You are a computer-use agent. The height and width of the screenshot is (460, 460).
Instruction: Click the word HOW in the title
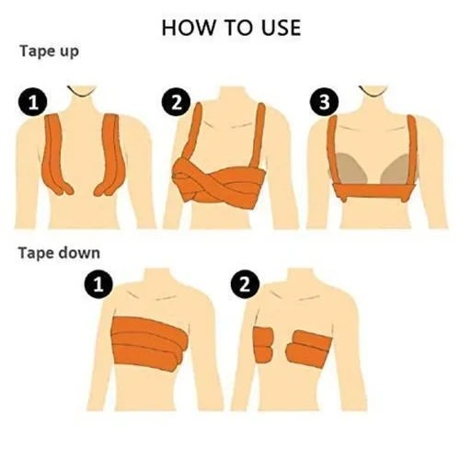click(x=189, y=28)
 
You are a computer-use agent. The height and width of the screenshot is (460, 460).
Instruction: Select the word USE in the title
click(x=282, y=28)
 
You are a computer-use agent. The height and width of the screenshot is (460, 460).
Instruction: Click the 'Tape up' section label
click(x=49, y=52)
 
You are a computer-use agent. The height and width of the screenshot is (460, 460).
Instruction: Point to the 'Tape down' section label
click(x=59, y=253)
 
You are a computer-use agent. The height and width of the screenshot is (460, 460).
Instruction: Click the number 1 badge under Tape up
click(x=33, y=102)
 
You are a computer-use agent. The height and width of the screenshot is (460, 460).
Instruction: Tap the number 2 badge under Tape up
click(x=176, y=102)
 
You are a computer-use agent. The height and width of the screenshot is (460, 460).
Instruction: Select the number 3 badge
click(x=324, y=102)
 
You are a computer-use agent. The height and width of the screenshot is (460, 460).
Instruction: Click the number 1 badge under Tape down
click(x=98, y=284)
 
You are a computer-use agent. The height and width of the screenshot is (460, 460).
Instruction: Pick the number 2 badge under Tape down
click(x=245, y=284)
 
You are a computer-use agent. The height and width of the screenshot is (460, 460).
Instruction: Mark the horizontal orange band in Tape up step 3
click(x=373, y=191)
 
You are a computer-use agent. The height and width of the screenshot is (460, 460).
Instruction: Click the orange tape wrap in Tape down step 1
click(x=150, y=340)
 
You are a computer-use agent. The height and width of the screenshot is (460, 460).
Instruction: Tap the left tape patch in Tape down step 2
click(x=263, y=344)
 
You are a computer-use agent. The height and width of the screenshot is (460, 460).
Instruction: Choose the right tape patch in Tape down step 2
click(x=309, y=348)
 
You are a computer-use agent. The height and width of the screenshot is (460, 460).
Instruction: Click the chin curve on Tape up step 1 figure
click(x=82, y=92)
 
